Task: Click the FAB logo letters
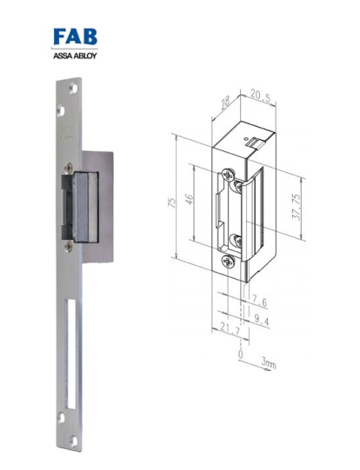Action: pos(76,37)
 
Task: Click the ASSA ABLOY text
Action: pos(76,55)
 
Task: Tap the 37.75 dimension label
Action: pos(296,209)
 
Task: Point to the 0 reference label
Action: pos(239,354)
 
